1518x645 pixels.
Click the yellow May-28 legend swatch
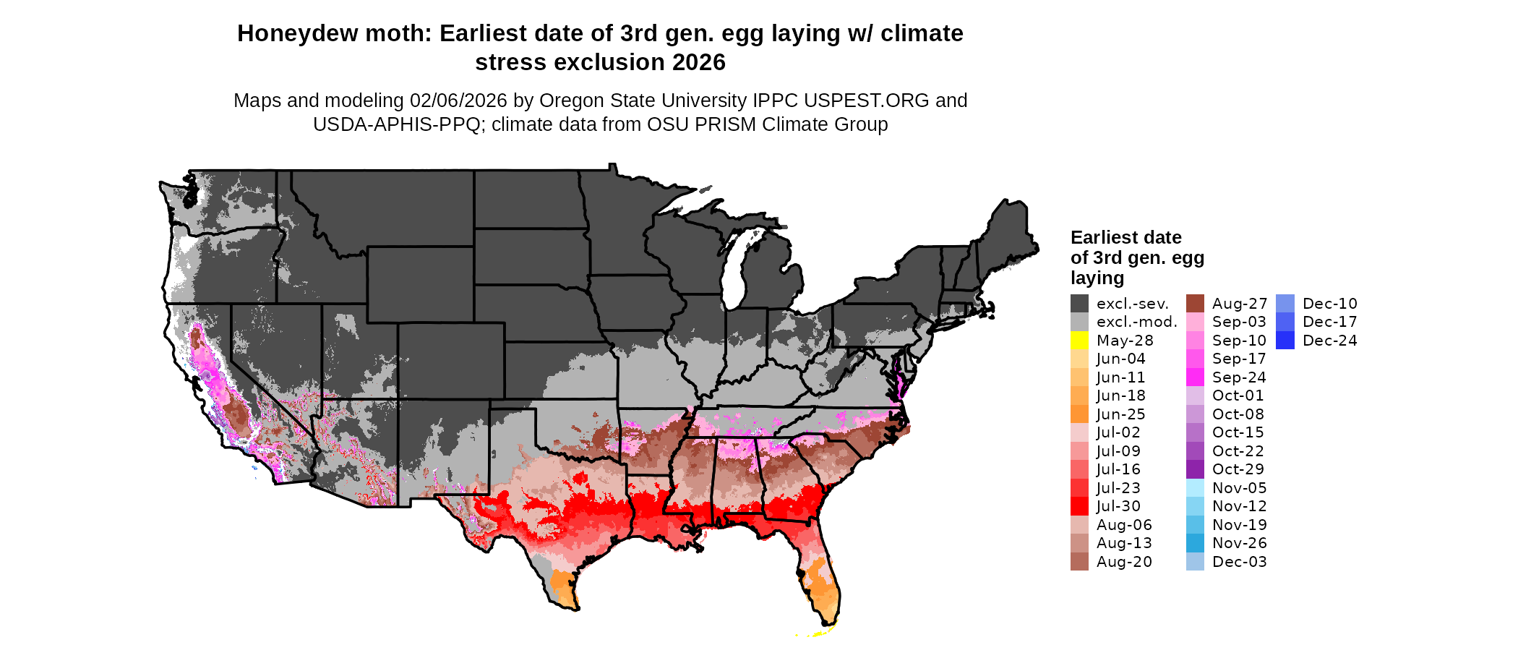coord(1079,341)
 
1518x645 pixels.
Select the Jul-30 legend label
coord(1118,506)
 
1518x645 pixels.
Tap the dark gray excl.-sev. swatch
coord(1079,304)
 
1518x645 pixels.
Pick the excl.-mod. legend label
coord(1136,322)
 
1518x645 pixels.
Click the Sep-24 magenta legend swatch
coord(1195,377)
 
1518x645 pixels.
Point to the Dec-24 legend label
coord(1329,341)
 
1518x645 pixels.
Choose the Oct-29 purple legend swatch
coord(1195,469)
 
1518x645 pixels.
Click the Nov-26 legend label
coord(1239,543)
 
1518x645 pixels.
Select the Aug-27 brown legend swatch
coord(1195,304)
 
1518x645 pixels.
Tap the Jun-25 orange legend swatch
coord(1079,414)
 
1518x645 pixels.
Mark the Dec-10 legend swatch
coord(1285,304)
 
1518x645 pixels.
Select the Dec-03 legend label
coord(1239,562)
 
